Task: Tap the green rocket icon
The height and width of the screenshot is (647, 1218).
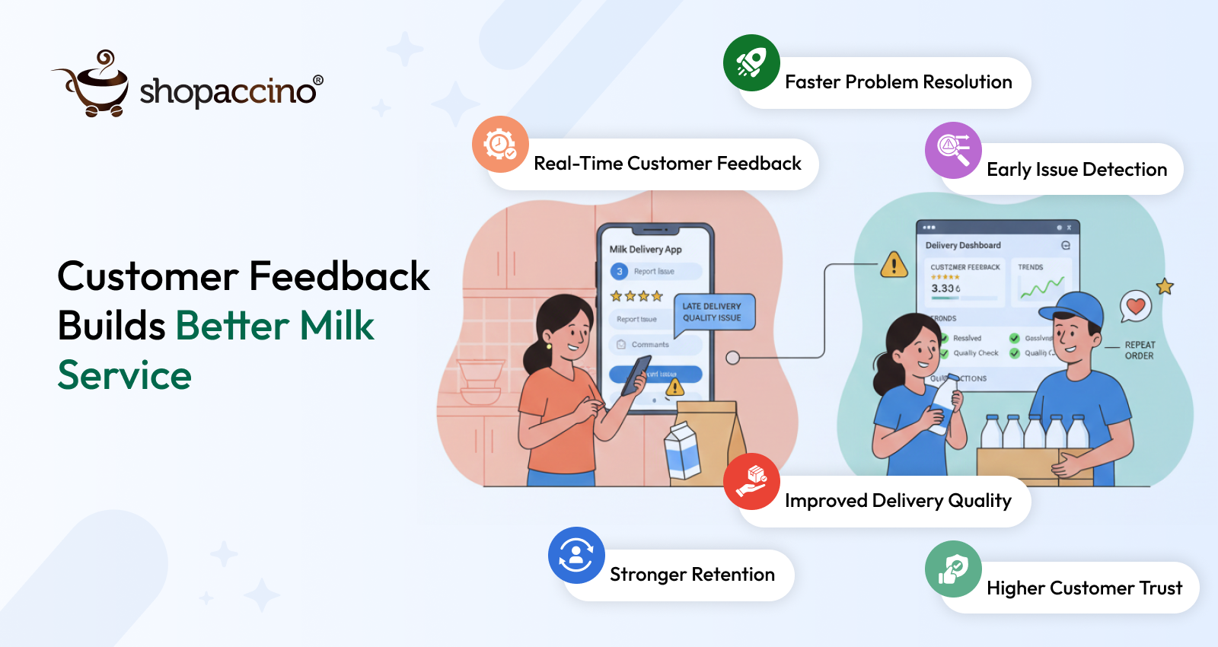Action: tap(751, 63)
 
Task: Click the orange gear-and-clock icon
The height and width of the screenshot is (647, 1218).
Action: tap(500, 144)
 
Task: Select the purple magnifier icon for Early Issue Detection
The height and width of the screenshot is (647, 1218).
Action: tap(953, 150)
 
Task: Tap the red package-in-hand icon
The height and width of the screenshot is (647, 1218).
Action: tap(751, 481)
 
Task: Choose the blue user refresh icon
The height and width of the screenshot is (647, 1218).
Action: tap(576, 555)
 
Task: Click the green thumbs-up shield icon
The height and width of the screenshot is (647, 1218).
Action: tap(953, 569)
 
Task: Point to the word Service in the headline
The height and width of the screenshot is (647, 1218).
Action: tap(125, 375)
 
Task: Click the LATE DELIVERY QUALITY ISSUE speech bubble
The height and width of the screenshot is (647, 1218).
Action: tap(714, 312)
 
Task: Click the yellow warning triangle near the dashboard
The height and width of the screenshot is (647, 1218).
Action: tap(894, 265)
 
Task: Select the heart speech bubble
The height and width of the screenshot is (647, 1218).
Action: tap(1136, 306)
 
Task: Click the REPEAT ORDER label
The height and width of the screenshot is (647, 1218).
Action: tap(1140, 350)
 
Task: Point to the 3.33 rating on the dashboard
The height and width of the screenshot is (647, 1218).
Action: tap(945, 288)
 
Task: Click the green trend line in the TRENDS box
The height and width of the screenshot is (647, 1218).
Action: tap(1041, 288)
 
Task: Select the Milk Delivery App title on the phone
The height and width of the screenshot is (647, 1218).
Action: tap(646, 249)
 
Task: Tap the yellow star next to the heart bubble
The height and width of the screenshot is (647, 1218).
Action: tap(1165, 286)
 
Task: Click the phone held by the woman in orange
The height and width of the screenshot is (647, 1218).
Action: tap(635, 375)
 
